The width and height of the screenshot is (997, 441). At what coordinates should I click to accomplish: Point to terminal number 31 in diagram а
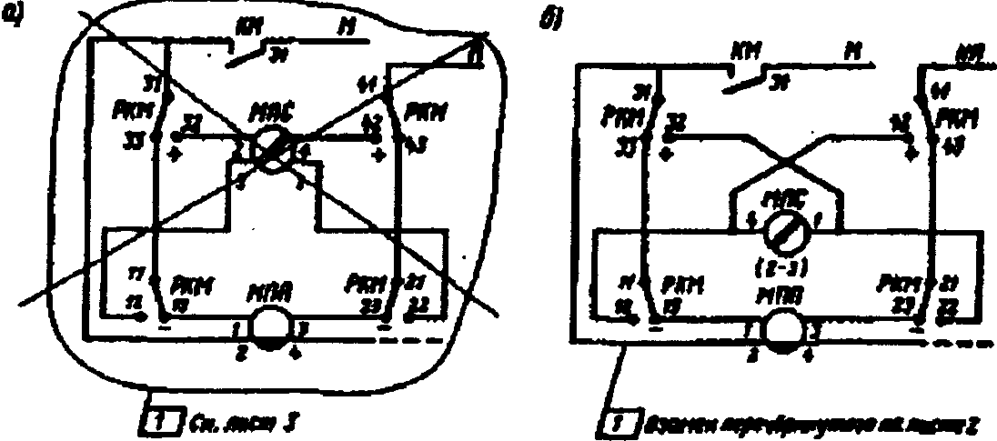[147, 87]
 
